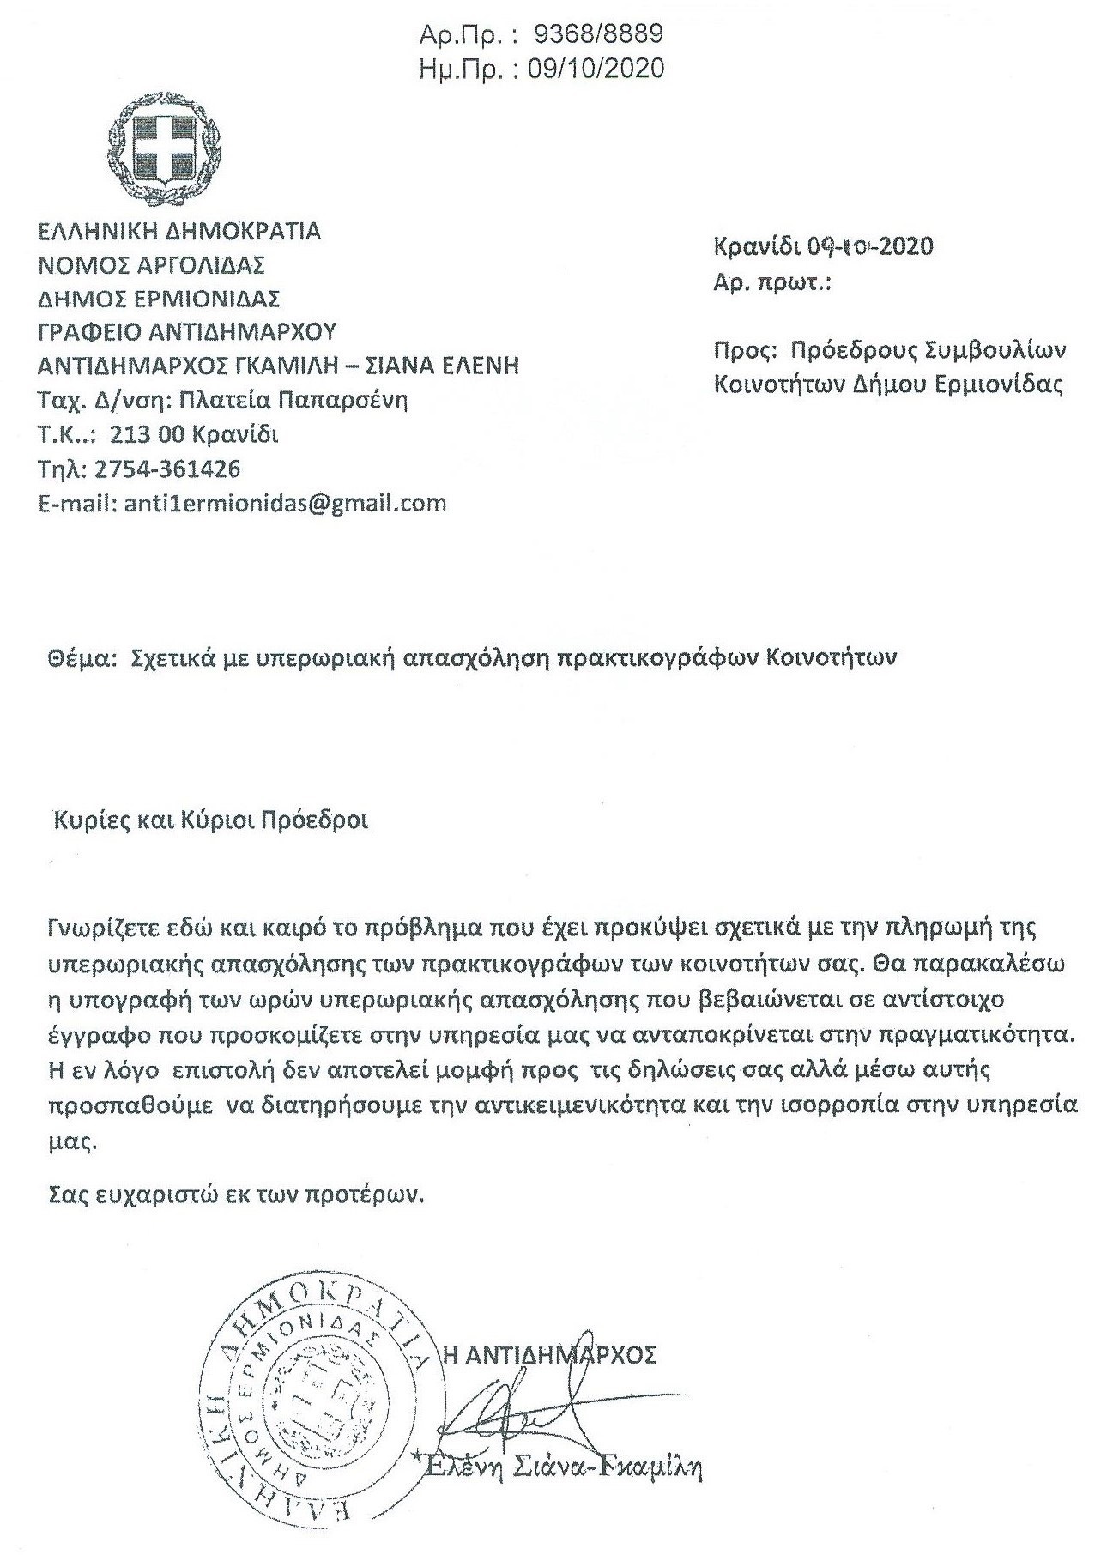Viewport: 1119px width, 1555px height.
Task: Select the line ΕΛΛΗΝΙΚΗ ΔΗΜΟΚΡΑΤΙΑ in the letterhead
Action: point(179,231)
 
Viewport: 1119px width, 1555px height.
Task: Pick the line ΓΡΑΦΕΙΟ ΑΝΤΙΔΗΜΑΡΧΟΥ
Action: point(188,332)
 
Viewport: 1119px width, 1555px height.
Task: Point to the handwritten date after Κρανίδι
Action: point(868,247)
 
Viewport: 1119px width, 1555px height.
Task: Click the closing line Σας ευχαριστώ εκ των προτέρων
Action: point(236,1195)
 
